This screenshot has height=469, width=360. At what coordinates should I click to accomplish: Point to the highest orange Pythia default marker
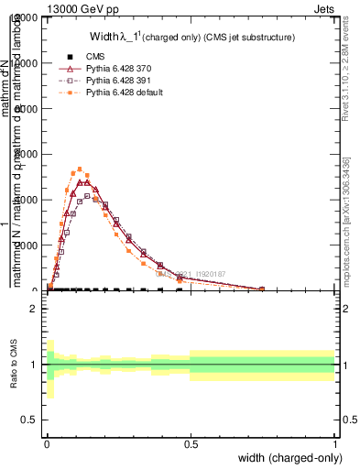coord(81,169)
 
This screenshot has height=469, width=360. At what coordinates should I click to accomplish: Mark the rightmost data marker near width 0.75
coord(262,289)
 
